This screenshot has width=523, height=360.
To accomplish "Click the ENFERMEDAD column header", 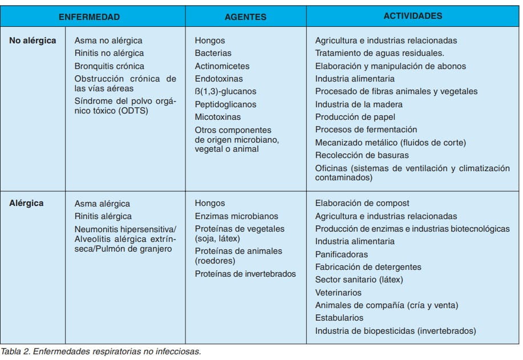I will click(93, 17).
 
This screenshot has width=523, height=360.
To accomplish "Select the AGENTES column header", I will click(245, 17).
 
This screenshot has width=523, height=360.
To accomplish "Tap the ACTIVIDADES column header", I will click(412, 16).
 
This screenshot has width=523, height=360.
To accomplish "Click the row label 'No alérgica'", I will click(33, 41).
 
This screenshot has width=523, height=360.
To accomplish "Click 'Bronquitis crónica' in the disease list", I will click(110, 66).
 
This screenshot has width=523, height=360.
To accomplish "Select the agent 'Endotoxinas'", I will click(218, 79).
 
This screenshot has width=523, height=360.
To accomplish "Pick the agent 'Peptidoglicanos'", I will click(225, 104).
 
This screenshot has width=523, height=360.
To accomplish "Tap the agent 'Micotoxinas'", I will click(217, 117).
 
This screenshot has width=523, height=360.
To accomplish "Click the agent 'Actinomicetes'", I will click(222, 66).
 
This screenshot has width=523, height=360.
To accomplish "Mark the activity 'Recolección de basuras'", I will click(362, 155).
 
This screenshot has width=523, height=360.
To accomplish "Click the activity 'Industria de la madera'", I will click(359, 104).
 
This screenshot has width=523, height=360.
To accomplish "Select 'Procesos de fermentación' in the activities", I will click(366, 130).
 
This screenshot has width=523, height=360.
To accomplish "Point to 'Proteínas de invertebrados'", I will click(245, 274).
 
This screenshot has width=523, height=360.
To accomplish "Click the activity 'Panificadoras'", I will click(342, 254).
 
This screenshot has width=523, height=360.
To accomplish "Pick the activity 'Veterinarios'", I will click(339, 292).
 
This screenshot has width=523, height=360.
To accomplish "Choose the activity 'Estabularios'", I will click(339, 318).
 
